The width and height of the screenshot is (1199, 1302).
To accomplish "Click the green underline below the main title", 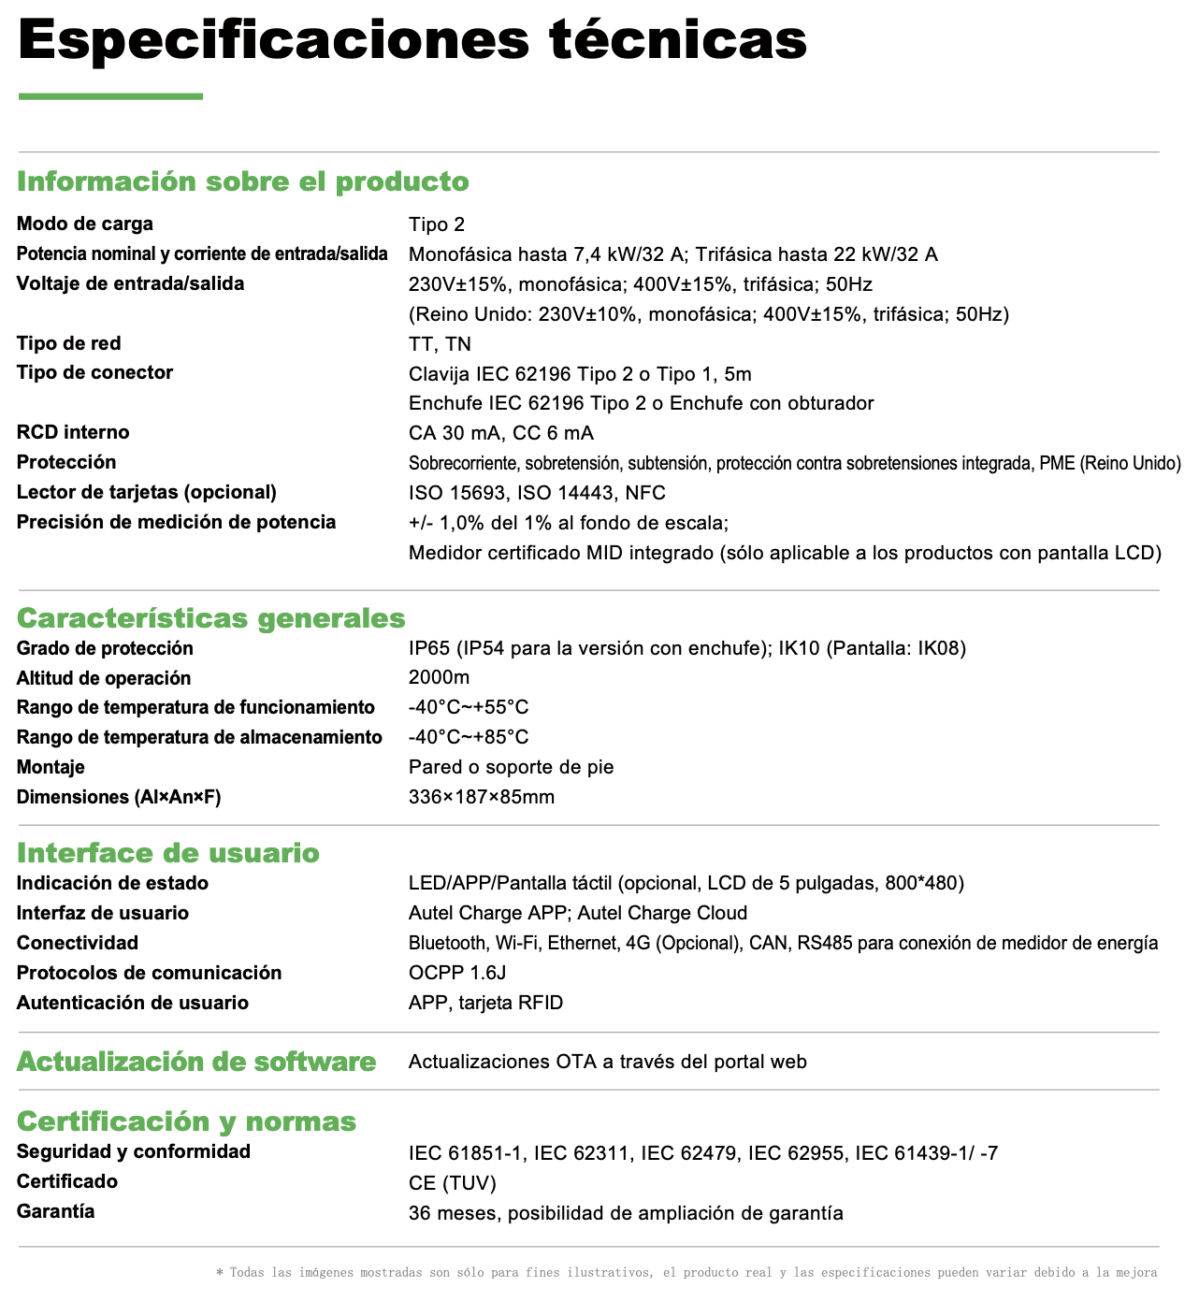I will point(110,95).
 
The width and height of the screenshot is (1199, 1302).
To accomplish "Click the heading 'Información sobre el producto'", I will point(243,181).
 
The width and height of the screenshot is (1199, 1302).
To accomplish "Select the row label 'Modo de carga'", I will point(85,224).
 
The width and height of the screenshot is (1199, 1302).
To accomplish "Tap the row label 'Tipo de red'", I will point(69,343).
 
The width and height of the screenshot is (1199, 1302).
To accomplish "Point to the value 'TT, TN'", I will point(440,344).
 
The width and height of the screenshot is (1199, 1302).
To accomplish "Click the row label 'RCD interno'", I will point(73,432).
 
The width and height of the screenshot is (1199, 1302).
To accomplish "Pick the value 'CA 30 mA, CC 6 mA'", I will point(501,433).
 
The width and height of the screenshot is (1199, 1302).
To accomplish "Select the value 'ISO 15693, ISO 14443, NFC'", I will point(537,493).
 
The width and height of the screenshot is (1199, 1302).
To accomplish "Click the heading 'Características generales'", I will point(211,618).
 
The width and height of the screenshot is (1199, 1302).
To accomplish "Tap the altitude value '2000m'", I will point(439,677).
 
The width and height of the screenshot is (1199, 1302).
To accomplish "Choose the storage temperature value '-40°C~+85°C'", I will point(469,737).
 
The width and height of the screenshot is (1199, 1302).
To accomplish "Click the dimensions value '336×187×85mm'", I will point(482,797).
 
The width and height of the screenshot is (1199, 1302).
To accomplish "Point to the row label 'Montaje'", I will point(51,767).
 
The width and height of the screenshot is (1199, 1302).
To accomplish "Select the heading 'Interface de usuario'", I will point(168,853).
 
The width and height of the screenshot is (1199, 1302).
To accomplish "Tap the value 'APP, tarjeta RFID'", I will point(485,1003).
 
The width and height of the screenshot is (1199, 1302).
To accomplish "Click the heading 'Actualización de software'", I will point(196,1062).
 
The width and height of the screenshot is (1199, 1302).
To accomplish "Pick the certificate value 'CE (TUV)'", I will point(453,1183).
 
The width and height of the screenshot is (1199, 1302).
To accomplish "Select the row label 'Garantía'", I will point(55,1211).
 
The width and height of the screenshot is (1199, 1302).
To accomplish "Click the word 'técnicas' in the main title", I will point(677,39).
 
